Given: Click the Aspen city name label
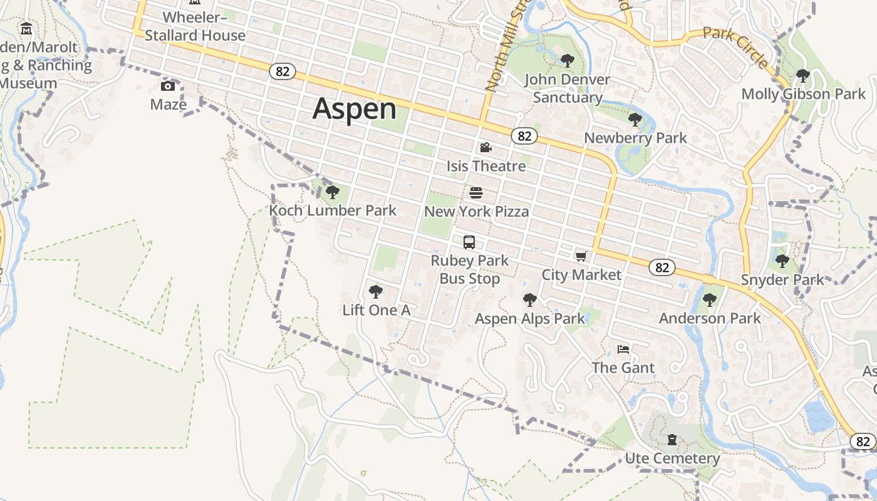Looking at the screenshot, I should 355,109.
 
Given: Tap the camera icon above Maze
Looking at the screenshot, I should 168,86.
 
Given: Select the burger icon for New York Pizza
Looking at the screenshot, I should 476,192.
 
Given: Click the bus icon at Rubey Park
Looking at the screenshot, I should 469,242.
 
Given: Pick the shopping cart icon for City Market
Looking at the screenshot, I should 581,256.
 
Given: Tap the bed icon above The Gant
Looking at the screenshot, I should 623,349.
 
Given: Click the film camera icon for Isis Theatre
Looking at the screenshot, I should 485,148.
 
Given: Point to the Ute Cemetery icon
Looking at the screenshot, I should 672,440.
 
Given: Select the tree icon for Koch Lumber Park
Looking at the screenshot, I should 333,192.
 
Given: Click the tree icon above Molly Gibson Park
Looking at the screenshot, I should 802,76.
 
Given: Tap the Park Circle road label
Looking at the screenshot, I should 735,47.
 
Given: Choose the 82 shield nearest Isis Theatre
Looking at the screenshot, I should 524,136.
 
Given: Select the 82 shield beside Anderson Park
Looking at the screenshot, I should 662,267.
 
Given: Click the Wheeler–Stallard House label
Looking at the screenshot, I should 195,26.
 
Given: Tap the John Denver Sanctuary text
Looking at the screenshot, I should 567,88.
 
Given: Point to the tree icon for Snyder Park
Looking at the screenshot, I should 782,261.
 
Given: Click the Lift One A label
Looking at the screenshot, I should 376,310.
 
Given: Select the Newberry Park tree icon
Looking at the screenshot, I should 635,119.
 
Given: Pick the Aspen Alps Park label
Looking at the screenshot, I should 529,319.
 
